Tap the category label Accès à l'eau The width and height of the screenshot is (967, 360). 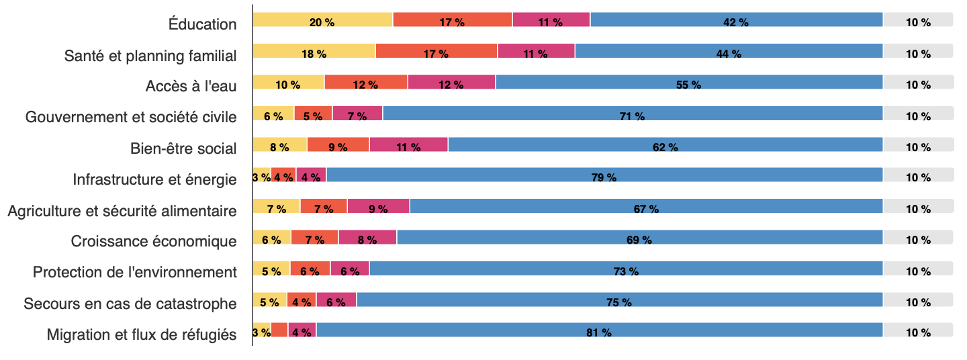(191, 87)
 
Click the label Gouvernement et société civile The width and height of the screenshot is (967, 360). (131, 118)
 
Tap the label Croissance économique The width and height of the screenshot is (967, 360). (154, 241)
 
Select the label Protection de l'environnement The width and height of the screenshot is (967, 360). (135, 272)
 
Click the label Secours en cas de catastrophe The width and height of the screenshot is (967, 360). (130, 304)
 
